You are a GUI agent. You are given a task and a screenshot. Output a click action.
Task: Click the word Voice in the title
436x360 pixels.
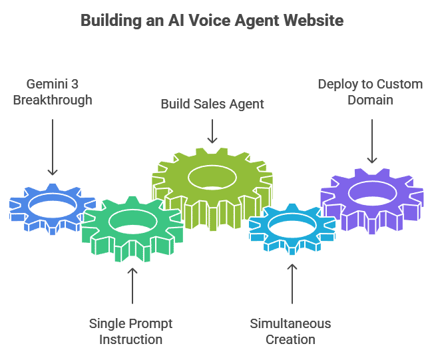[x=208, y=21]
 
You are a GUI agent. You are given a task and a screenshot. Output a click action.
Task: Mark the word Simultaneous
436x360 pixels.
[x=290, y=324]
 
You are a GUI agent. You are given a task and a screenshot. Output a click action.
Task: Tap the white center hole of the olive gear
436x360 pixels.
[x=212, y=177]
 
